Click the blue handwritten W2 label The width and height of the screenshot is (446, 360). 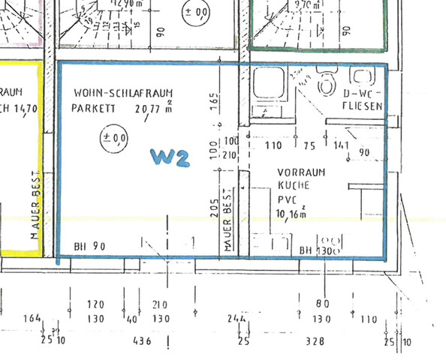click(x=169, y=157)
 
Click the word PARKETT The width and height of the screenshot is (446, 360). click(x=93, y=108)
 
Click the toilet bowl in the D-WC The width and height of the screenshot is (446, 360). click(x=327, y=84)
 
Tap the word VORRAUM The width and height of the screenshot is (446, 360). click(x=301, y=172)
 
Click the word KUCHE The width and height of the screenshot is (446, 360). click(x=291, y=184)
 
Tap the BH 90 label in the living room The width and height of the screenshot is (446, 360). click(x=89, y=246)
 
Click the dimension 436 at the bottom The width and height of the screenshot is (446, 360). click(x=141, y=341)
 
